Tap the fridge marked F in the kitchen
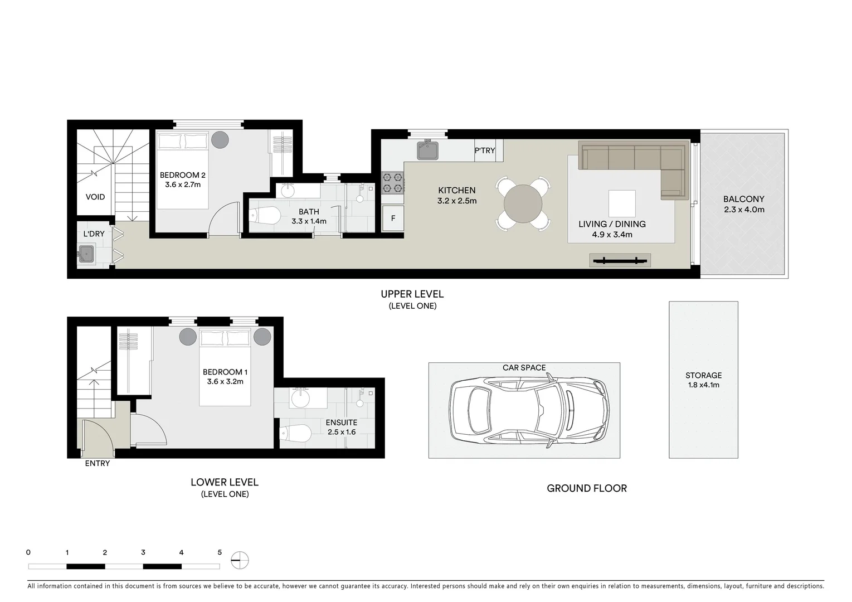tap(393, 218)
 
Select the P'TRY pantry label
tap(485, 151)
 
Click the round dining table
tap(523, 203)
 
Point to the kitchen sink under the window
tap(427, 150)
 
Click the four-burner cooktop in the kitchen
tap(392, 183)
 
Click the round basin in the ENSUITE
tap(301, 399)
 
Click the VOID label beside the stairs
tap(95, 197)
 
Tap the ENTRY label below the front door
tap(98, 463)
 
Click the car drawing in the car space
tap(530, 411)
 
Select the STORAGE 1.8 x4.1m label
tap(703, 380)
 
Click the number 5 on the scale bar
tap(220, 552)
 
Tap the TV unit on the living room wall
tap(620, 260)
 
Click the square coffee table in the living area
tap(622, 203)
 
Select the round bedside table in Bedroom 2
tap(220, 139)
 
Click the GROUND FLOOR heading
tap(587, 488)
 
